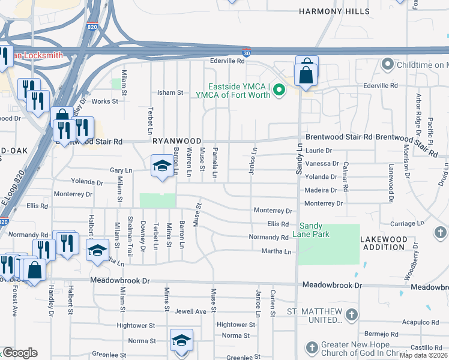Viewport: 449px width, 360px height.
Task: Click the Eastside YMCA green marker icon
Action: coord(279,91)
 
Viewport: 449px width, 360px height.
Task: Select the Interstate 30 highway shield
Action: coord(247,53)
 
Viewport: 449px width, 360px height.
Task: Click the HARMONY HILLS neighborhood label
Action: coord(330,11)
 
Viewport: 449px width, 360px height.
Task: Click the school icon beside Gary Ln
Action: coord(161,166)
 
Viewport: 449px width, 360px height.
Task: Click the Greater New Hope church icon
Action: coord(311,348)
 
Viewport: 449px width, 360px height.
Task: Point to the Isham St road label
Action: coord(170,93)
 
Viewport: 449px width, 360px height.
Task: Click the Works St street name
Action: coord(105,101)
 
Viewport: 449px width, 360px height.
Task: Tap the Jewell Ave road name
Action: coord(190,311)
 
